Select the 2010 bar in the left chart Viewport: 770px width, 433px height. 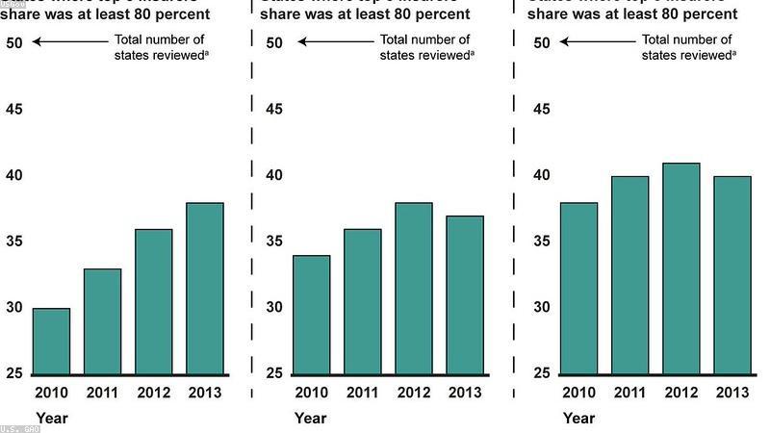(x=52, y=341)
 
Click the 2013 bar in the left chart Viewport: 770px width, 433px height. (x=204, y=288)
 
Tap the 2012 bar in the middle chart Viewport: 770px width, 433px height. (x=412, y=288)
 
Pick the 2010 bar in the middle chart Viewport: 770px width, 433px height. (x=311, y=315)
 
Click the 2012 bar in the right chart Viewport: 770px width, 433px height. (x=681, y=268)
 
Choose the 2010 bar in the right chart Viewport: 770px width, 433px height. (x=579, y=288)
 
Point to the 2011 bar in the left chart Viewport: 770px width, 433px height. (x=103, y=321)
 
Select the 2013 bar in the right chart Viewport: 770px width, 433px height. (x=732, y=275)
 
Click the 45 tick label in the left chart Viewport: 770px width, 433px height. (x=17, y=109)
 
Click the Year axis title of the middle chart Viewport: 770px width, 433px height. (x=310, y=419)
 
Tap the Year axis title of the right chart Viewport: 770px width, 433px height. (x=578, y=419)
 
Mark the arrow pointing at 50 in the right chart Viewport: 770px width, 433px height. (x=597, y=41)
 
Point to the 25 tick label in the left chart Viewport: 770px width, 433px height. (x=17, y=373)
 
